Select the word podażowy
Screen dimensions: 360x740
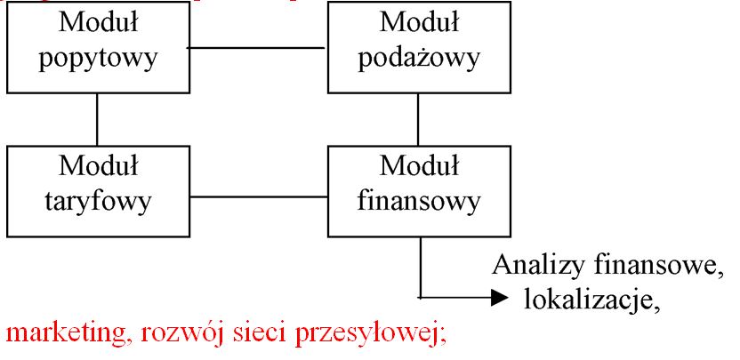[417, 60]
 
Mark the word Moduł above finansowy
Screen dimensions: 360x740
[417, 165]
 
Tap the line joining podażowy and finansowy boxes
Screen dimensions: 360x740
[418, 119]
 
